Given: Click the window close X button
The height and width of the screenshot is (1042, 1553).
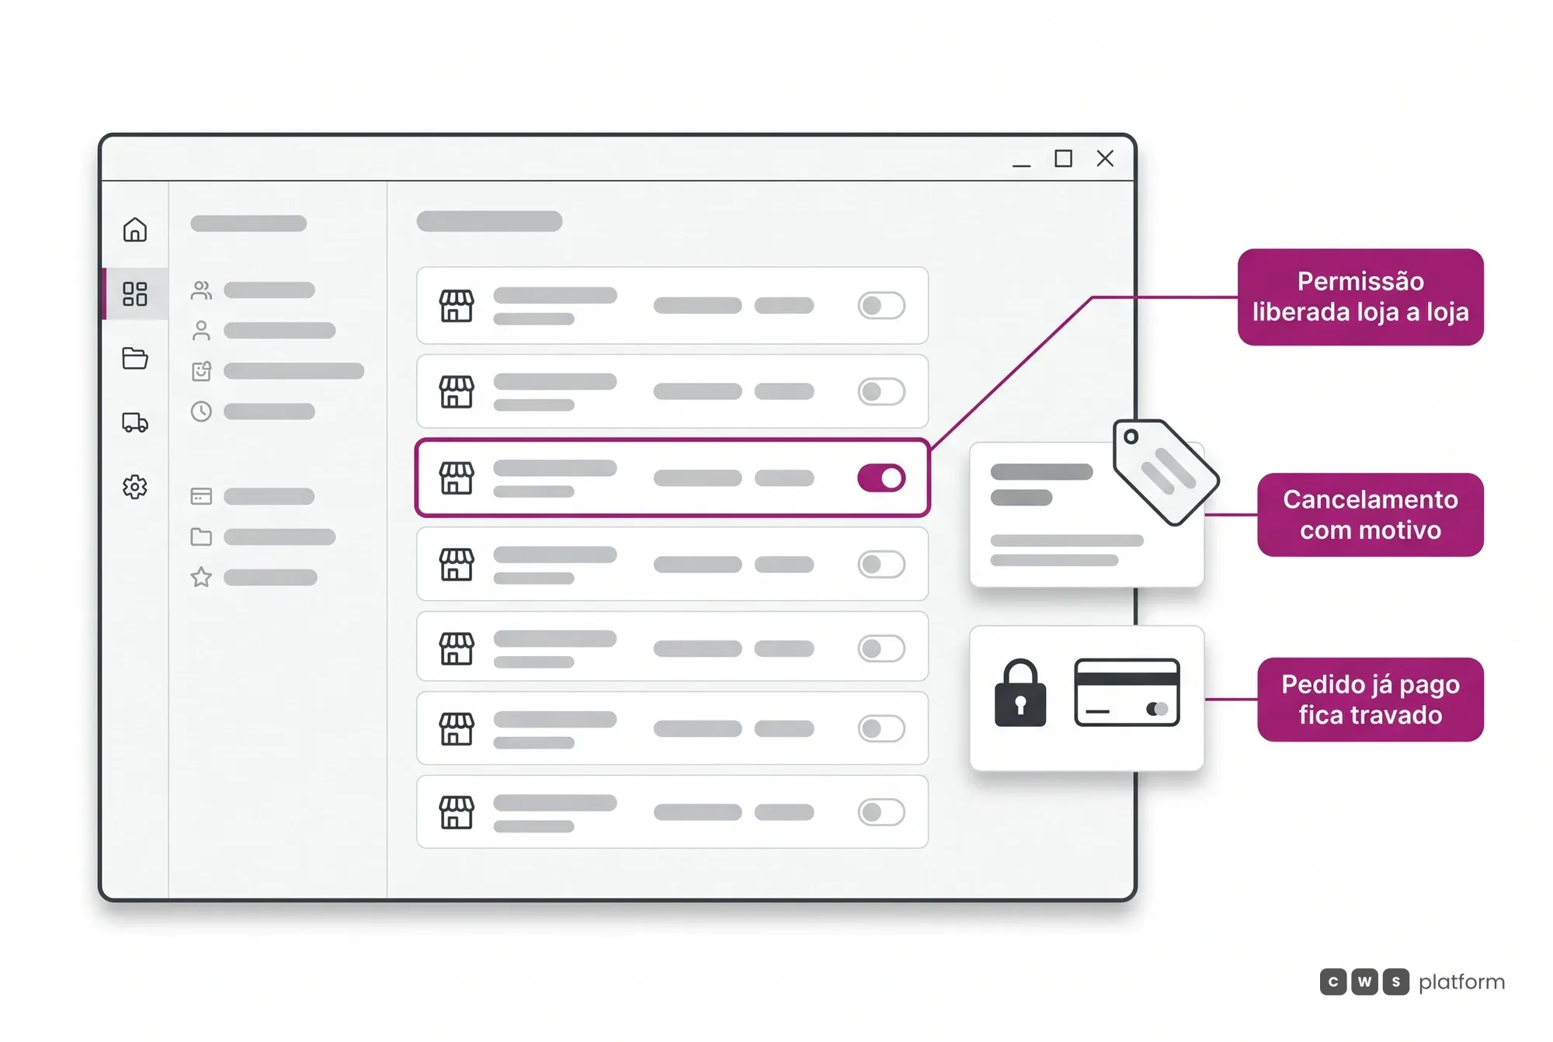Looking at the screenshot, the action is pyautogui.click(x=1105, y=158).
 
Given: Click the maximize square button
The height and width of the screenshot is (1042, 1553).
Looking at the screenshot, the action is pyautogui.click(x=1063, y=158).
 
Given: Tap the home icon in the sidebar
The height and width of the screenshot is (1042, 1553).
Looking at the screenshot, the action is pyautogui.click(x=135, y=230).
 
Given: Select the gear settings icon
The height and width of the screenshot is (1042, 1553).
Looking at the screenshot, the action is pyautogui.click(x=135, y=487).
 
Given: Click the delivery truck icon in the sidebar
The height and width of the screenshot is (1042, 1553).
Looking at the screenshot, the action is pyautogui.click(x=135, y=422).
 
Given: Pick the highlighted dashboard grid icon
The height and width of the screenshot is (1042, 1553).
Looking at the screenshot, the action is pyautogui.click(x=135, y=293).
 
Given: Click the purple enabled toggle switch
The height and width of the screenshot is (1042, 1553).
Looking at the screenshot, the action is pyautogui.click(x=881, y=478).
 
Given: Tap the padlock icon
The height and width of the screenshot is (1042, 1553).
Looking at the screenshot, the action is pyautogui.click(x=1020, y=693).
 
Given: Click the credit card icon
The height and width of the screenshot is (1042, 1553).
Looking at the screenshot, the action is pyautogui.click(x=1127, y=693).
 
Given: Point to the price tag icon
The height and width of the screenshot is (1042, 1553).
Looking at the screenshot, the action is pyautogui.click(x=1165, y=471).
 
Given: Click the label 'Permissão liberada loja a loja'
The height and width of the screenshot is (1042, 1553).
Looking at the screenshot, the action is pyautogui.click(x=1360, y=297).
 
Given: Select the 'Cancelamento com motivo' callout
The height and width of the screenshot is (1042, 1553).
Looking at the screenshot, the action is pyautogui.click(x=1371, y=515).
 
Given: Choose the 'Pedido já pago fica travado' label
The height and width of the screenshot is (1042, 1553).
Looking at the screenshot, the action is pyautogui.click(x=1371, y=700).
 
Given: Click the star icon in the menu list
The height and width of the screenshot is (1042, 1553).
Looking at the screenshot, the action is pyautogui.click(x=201, y=577).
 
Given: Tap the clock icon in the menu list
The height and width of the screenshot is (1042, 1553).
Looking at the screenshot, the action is pyautogui.click(x=201, y=411).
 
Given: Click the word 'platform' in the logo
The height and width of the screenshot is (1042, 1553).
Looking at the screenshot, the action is pyautogui.click(x=1461, y=982).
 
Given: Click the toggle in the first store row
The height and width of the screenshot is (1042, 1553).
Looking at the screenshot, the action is pyautogui.click(x=881, y=305).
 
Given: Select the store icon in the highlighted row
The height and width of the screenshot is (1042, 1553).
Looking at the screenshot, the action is pyautogui.click(x=457, y=478).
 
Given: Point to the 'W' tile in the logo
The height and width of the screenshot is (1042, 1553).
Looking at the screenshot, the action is pyautogui.click(x=1364, y=981).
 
